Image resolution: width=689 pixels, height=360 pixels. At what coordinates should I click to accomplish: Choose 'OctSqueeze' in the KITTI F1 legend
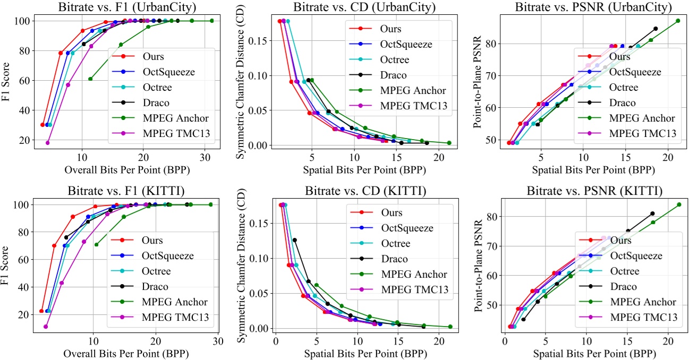168,256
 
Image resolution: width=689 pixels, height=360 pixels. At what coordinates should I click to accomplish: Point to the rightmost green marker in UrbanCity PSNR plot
678,21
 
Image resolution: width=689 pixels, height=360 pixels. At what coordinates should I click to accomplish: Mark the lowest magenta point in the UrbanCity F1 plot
48,143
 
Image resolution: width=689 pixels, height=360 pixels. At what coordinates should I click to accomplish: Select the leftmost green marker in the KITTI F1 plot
96,245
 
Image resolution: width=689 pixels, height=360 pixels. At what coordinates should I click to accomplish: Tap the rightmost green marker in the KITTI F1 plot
210,204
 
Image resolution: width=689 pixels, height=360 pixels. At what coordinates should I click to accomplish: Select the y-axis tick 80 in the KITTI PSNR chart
490,217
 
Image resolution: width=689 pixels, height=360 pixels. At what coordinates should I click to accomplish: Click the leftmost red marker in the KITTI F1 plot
41,311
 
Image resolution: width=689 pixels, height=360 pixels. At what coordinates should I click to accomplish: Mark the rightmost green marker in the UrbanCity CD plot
449,143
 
